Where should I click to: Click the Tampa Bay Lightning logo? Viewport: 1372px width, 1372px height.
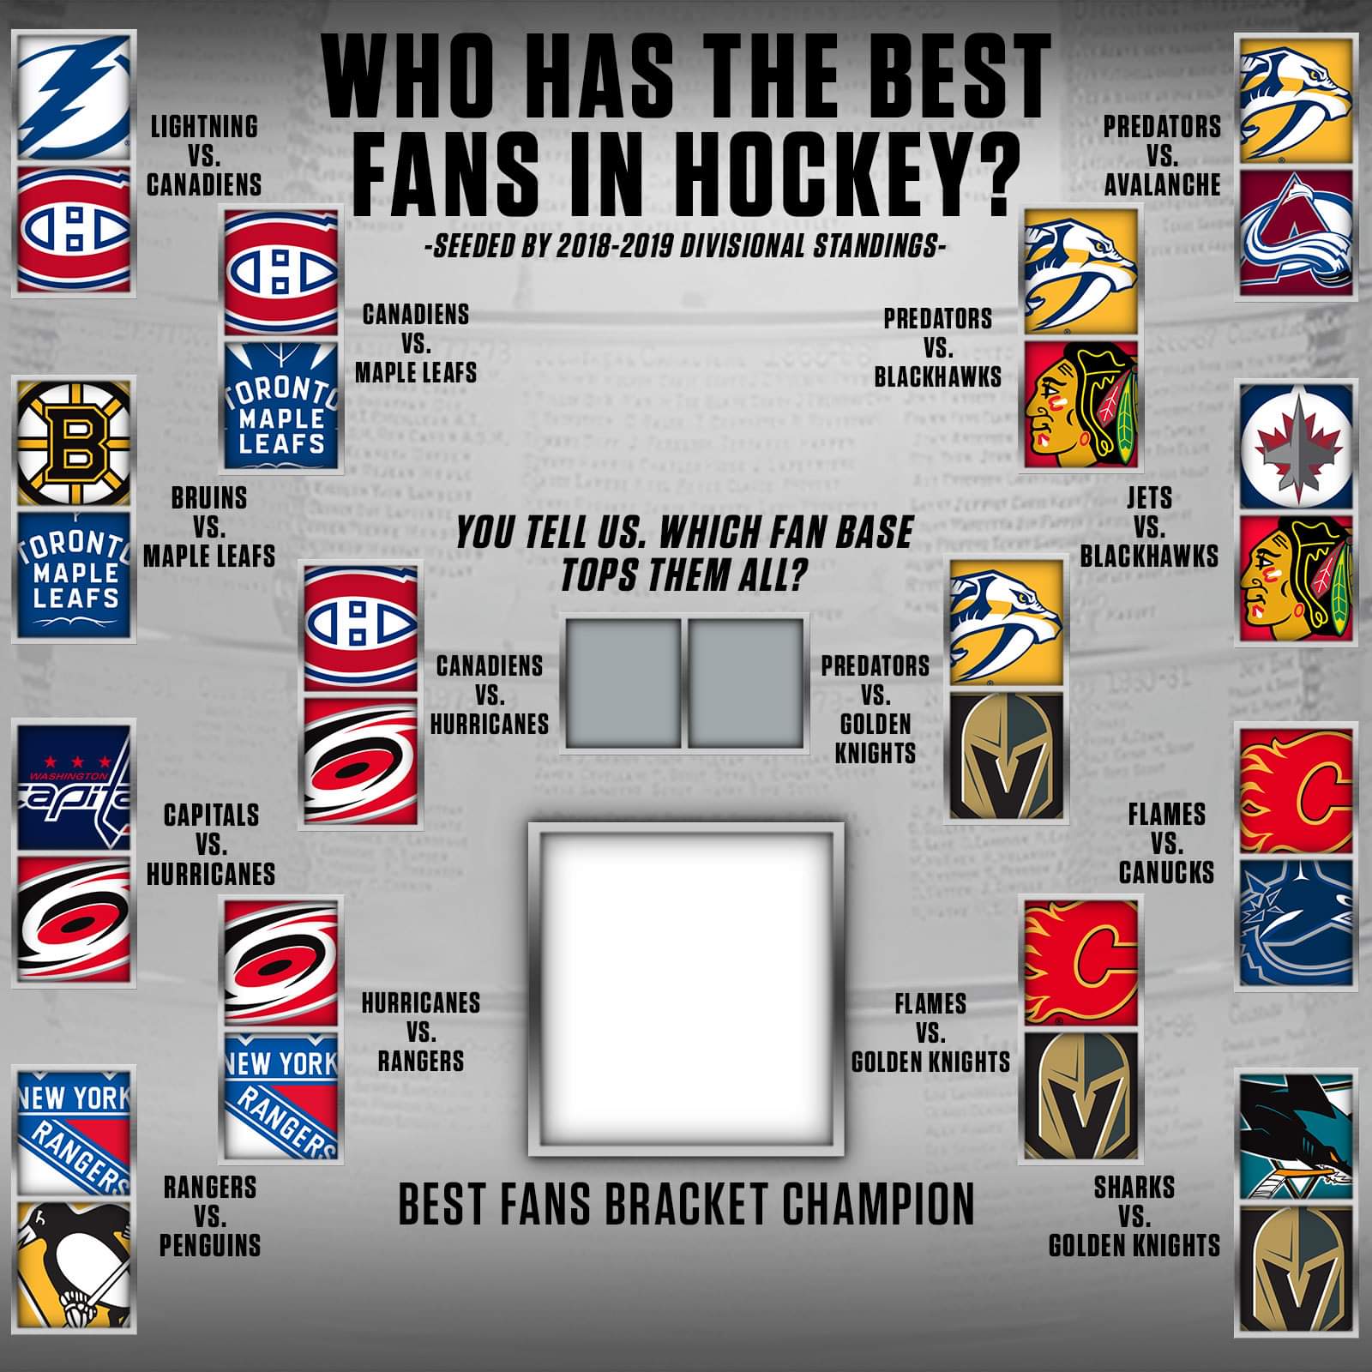(74, 96)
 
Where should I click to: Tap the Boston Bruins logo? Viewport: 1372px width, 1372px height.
(74, 443)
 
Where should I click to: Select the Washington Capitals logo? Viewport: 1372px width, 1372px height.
(74, 786)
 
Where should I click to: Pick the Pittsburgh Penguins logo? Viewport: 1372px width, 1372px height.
(74, 1265)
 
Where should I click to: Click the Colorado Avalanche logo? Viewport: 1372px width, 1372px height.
(1296, 233)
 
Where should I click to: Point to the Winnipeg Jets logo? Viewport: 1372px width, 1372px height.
(1296, 443)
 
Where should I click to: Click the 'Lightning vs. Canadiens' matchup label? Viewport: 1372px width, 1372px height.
(204, 155)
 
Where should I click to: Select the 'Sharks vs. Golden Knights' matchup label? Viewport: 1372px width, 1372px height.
(1134, 1216)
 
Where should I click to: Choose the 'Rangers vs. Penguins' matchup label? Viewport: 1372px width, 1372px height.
(210, 1216)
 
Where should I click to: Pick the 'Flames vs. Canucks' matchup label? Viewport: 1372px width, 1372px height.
(1166, 843)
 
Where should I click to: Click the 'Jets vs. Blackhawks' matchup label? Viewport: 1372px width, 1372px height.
(1149, 527)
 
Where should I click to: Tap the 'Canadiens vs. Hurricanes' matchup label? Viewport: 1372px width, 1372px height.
(489, 695)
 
